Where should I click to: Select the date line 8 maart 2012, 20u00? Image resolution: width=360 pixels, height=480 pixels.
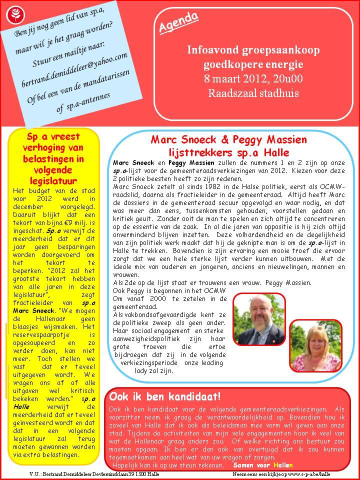[253, 78]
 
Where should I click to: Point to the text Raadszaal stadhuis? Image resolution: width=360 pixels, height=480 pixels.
[253, 93]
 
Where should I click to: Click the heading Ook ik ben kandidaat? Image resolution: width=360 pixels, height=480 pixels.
[165, 397]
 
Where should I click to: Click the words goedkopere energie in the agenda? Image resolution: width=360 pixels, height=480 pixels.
[253, 64]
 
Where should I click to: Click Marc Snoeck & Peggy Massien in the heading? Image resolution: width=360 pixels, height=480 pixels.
[229, 140]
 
